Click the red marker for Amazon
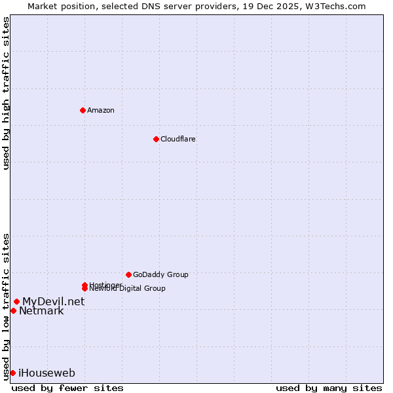(x=83, y=110)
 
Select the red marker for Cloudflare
(x=156, y=139)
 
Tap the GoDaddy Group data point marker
(x=128, y=274)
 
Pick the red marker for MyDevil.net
(x=16, y=301)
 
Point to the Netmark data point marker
(x=13, y=310)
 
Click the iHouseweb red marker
(x=12, y=373)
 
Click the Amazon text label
(x=101, y=110)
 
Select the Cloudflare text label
(x=178, y=139)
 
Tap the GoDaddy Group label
(x=160, y=274)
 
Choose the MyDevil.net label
(x=53, y=301)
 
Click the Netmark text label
(x=41, y=310)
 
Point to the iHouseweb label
(x=47, y=373)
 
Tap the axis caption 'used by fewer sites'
(x=67, y=388)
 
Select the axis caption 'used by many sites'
(x=329, y=388)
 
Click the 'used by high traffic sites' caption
(x=6, y=93)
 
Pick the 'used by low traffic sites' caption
(x=6, y=306)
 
